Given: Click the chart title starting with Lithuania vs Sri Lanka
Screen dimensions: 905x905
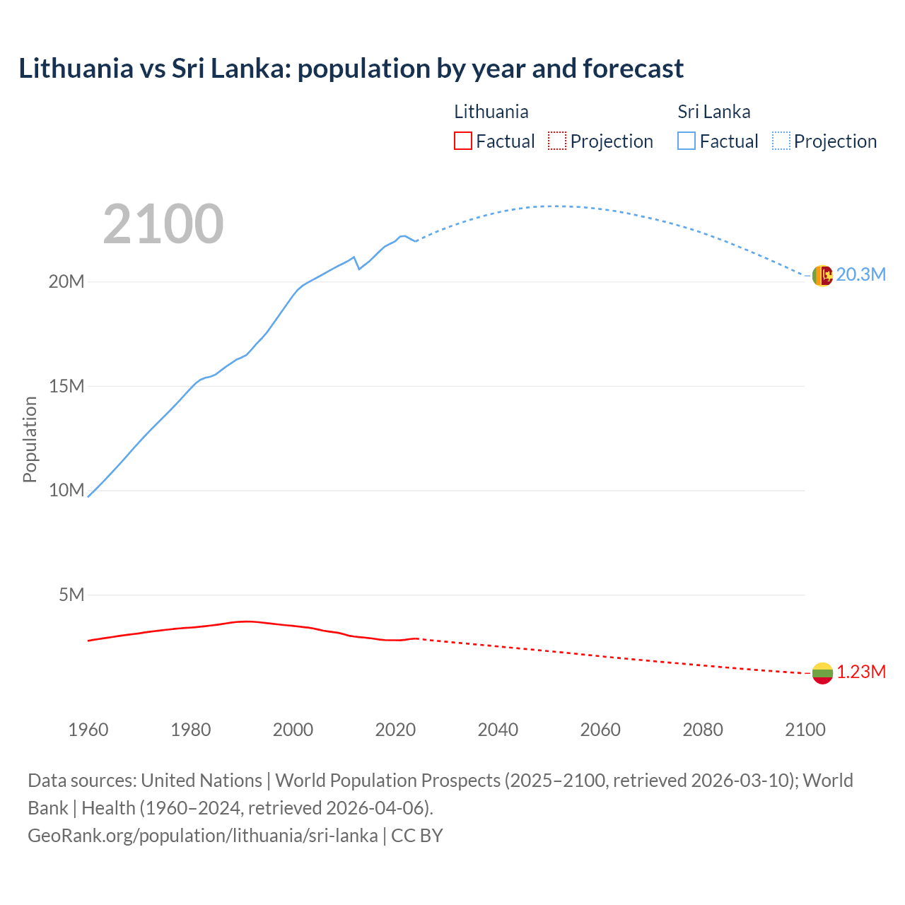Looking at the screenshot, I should (351, 69).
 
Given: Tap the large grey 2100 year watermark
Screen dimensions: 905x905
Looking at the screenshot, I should (163, 224).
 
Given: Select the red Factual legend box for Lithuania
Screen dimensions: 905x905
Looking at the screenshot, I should (462, 141).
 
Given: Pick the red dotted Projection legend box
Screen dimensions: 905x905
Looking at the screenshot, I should (557, 141).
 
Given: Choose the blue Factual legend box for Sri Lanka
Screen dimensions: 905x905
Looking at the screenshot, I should (686, 141).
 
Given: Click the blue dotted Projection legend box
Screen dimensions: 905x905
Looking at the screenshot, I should (781, 141).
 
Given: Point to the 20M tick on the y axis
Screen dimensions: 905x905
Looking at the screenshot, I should (66, 281).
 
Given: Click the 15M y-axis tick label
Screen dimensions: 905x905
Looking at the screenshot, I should (66, 386).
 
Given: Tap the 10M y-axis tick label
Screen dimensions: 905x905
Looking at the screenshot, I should (66, 490).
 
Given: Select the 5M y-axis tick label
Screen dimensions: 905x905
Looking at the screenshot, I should (71, 595).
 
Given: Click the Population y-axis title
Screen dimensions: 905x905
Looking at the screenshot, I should (30, 439).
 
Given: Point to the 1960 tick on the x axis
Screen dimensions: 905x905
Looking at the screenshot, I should (88, 730).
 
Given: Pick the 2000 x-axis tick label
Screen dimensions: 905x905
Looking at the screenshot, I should (293, 730).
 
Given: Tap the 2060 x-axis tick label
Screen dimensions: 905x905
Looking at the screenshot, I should (600, 730).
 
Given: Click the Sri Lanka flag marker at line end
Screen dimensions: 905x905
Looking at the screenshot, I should (822, 275).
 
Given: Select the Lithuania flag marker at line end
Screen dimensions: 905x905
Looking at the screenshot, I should (822, 673).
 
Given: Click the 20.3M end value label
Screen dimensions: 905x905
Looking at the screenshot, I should (860, 275).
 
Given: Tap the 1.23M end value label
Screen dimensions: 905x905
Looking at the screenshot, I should (861, 672).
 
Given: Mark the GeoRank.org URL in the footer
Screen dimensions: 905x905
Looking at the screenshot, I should (203, 835).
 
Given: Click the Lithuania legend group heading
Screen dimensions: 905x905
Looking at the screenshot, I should (491, 112).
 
